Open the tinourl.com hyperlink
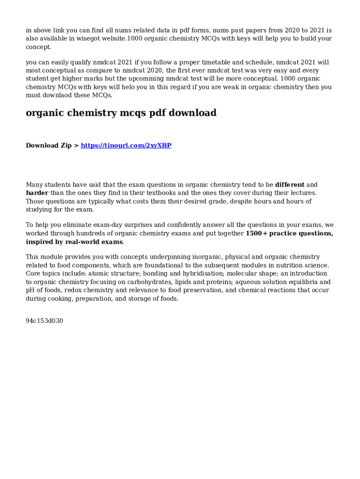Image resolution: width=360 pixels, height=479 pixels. tap(126, 145)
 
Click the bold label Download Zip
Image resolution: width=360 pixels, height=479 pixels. tap(49, 145)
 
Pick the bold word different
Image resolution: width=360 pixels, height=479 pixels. tap(290, 185)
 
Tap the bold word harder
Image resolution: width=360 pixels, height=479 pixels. tap(37, 193)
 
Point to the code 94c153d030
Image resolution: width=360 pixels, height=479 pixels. tap(44, 321)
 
